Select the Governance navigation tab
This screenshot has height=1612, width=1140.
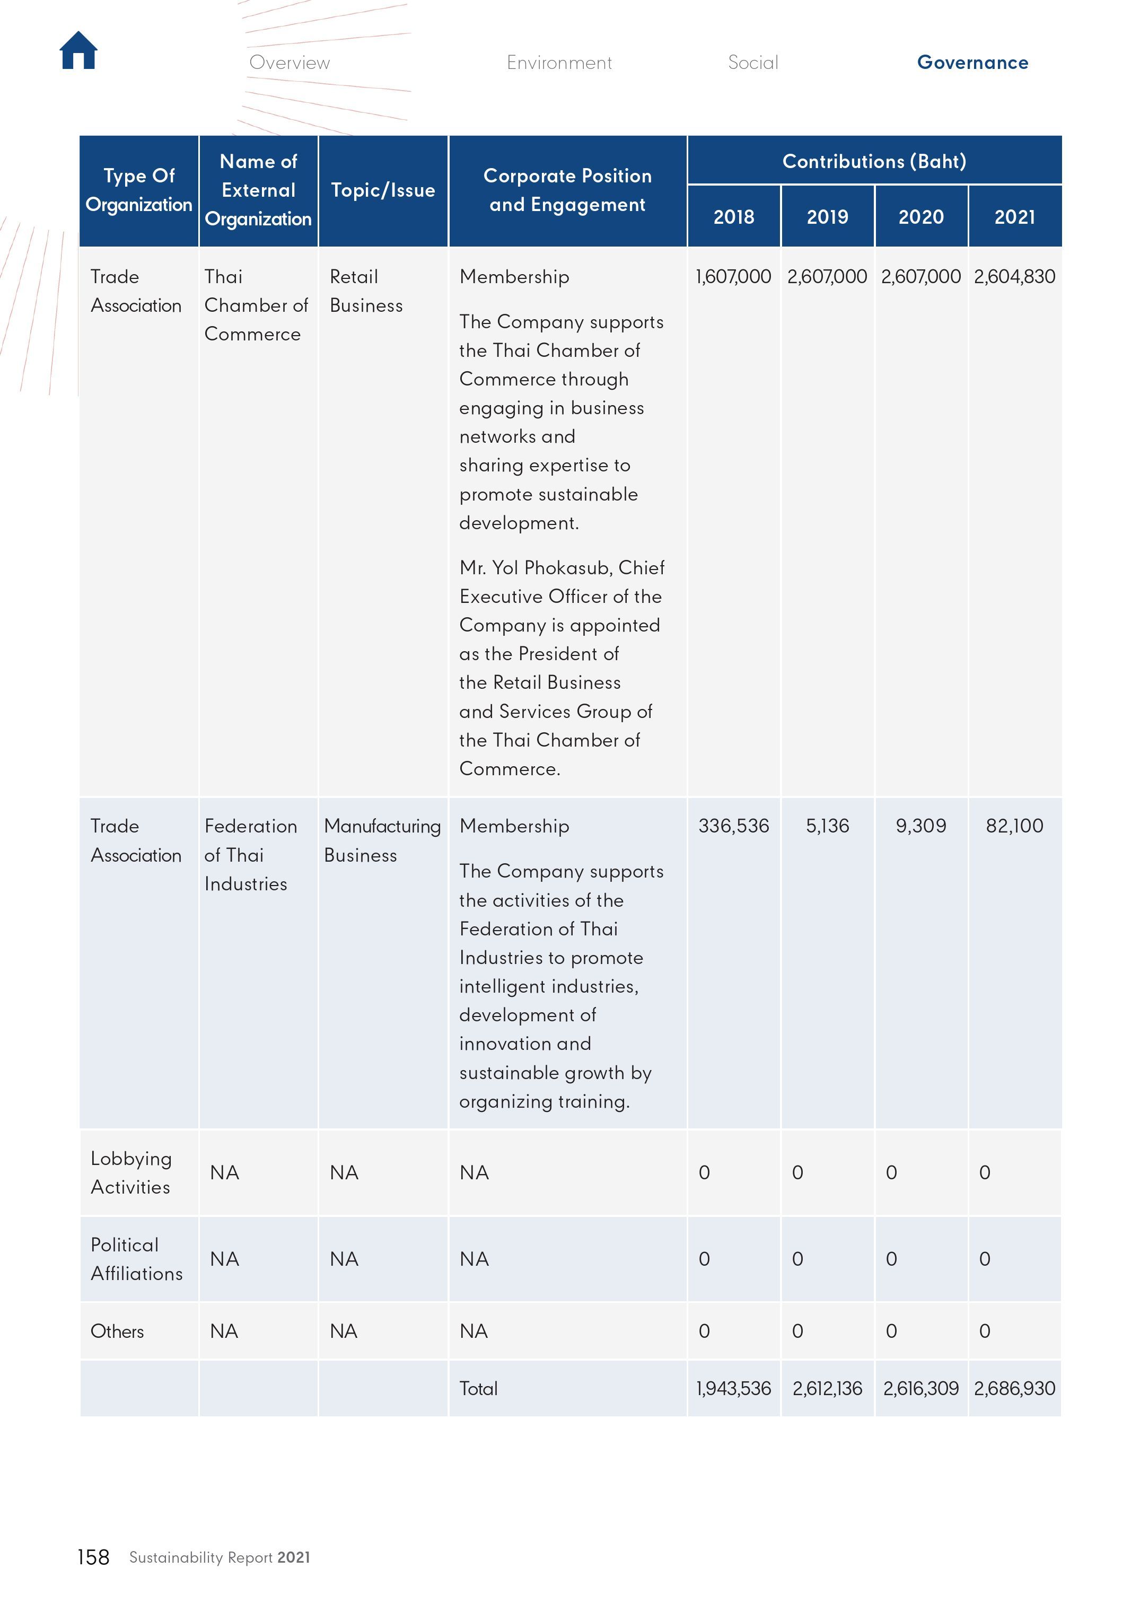972,63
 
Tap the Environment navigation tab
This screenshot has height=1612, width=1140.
559,63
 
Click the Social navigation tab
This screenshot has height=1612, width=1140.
752,63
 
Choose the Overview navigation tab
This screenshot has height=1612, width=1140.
289,63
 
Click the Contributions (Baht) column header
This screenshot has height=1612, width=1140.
874,162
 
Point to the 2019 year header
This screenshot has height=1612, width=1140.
827,217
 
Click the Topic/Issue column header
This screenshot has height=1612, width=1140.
383,190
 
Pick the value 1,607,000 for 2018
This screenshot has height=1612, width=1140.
733,277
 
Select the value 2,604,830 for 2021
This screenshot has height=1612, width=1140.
1014,277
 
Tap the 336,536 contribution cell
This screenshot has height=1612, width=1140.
733,826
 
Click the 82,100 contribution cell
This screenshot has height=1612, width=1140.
1014,826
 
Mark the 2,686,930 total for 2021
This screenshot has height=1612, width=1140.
1014,1388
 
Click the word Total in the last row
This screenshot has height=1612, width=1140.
478,1388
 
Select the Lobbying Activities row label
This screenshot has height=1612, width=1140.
131,1172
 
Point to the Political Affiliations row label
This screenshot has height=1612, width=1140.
136,1259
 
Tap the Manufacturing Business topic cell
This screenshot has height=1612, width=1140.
382,840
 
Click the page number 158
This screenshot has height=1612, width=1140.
93,1557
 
